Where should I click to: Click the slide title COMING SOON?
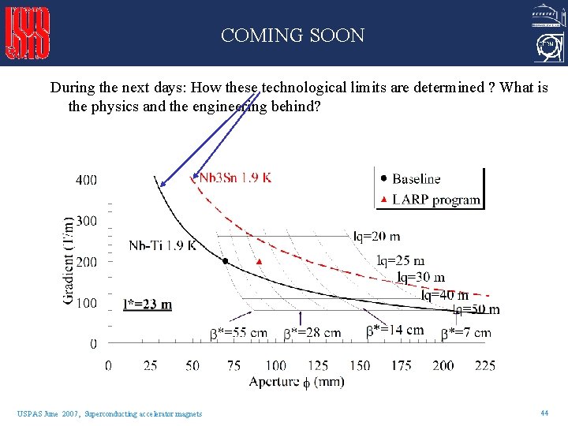pos(293,35)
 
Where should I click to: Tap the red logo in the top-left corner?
pos(28,33)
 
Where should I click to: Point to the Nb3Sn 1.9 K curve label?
pos(235,177)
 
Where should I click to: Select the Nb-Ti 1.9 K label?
pos(163,245)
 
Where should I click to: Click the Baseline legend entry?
pos(416,179)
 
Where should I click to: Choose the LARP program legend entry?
pos(435,199)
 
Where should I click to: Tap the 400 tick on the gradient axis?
pos(87,180)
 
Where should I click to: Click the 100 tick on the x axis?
pos(275,365)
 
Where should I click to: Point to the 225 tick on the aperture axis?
pos(485,365)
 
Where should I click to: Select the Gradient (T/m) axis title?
pos(69,260)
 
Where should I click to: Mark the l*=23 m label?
pos(148,305)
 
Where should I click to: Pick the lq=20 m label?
pos(376,236)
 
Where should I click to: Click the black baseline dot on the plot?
pos(224,260)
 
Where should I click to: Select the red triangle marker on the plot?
pos(259,260)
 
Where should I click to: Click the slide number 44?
pos(544,413)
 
